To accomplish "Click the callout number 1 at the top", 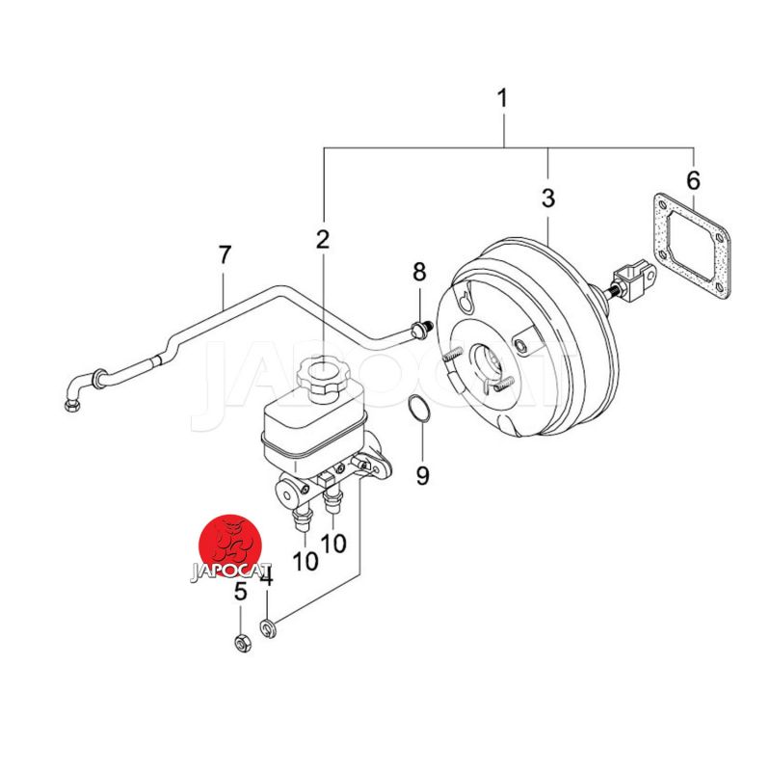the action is [x=501, y=98].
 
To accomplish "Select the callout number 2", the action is [x=323, y=239].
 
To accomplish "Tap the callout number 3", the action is [x=547, y=199].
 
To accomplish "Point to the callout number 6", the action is [x=693, y=180].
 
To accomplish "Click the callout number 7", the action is [x=225, y=254].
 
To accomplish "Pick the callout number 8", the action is [x=419, y=272].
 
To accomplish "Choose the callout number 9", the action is [x=422, y=475].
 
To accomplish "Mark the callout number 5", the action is [x=240, y=592].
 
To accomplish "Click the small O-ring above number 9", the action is [x=419, y=408].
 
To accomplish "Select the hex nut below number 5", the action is [x=242, y=643].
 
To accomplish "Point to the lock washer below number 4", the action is [x=268, y=628].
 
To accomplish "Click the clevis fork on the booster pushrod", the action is [x=635, y=280].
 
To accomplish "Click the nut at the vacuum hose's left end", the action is [x=71, y=405].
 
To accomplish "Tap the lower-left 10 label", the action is [x=306, y=561].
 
